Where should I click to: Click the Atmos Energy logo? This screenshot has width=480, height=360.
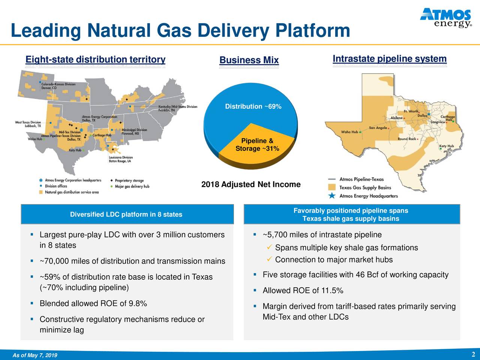click(x=445, y=18)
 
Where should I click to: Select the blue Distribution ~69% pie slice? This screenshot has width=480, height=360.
click(x=240, y=112)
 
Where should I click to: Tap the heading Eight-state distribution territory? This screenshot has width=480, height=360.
click(x=95, y=60)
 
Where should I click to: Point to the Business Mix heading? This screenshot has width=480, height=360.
click(x=249, y=60)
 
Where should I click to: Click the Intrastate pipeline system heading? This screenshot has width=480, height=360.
click(x=390, y=59)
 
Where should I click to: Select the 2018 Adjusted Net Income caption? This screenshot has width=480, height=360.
click(x=251, y=184)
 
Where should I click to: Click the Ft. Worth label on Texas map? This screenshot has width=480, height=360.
click(x=411, y=111)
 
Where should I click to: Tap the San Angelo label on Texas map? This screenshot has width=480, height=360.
click(x=378, y=128)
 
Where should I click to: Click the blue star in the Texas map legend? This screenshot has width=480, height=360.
click(x=331, y=196)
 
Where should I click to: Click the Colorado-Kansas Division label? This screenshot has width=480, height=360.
click(x=58, y=86)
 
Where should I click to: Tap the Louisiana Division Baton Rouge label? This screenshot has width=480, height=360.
click(x=120, y=159)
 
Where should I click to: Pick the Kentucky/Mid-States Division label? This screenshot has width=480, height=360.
click(x=178, y=108)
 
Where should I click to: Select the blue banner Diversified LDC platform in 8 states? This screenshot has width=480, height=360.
click(x=126, y=214)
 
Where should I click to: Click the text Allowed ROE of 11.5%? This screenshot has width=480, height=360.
click(x=303, y=291)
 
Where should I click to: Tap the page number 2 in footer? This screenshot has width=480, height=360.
click(x=473, y=355)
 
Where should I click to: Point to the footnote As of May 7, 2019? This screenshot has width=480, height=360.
click(x=35, y=355)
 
